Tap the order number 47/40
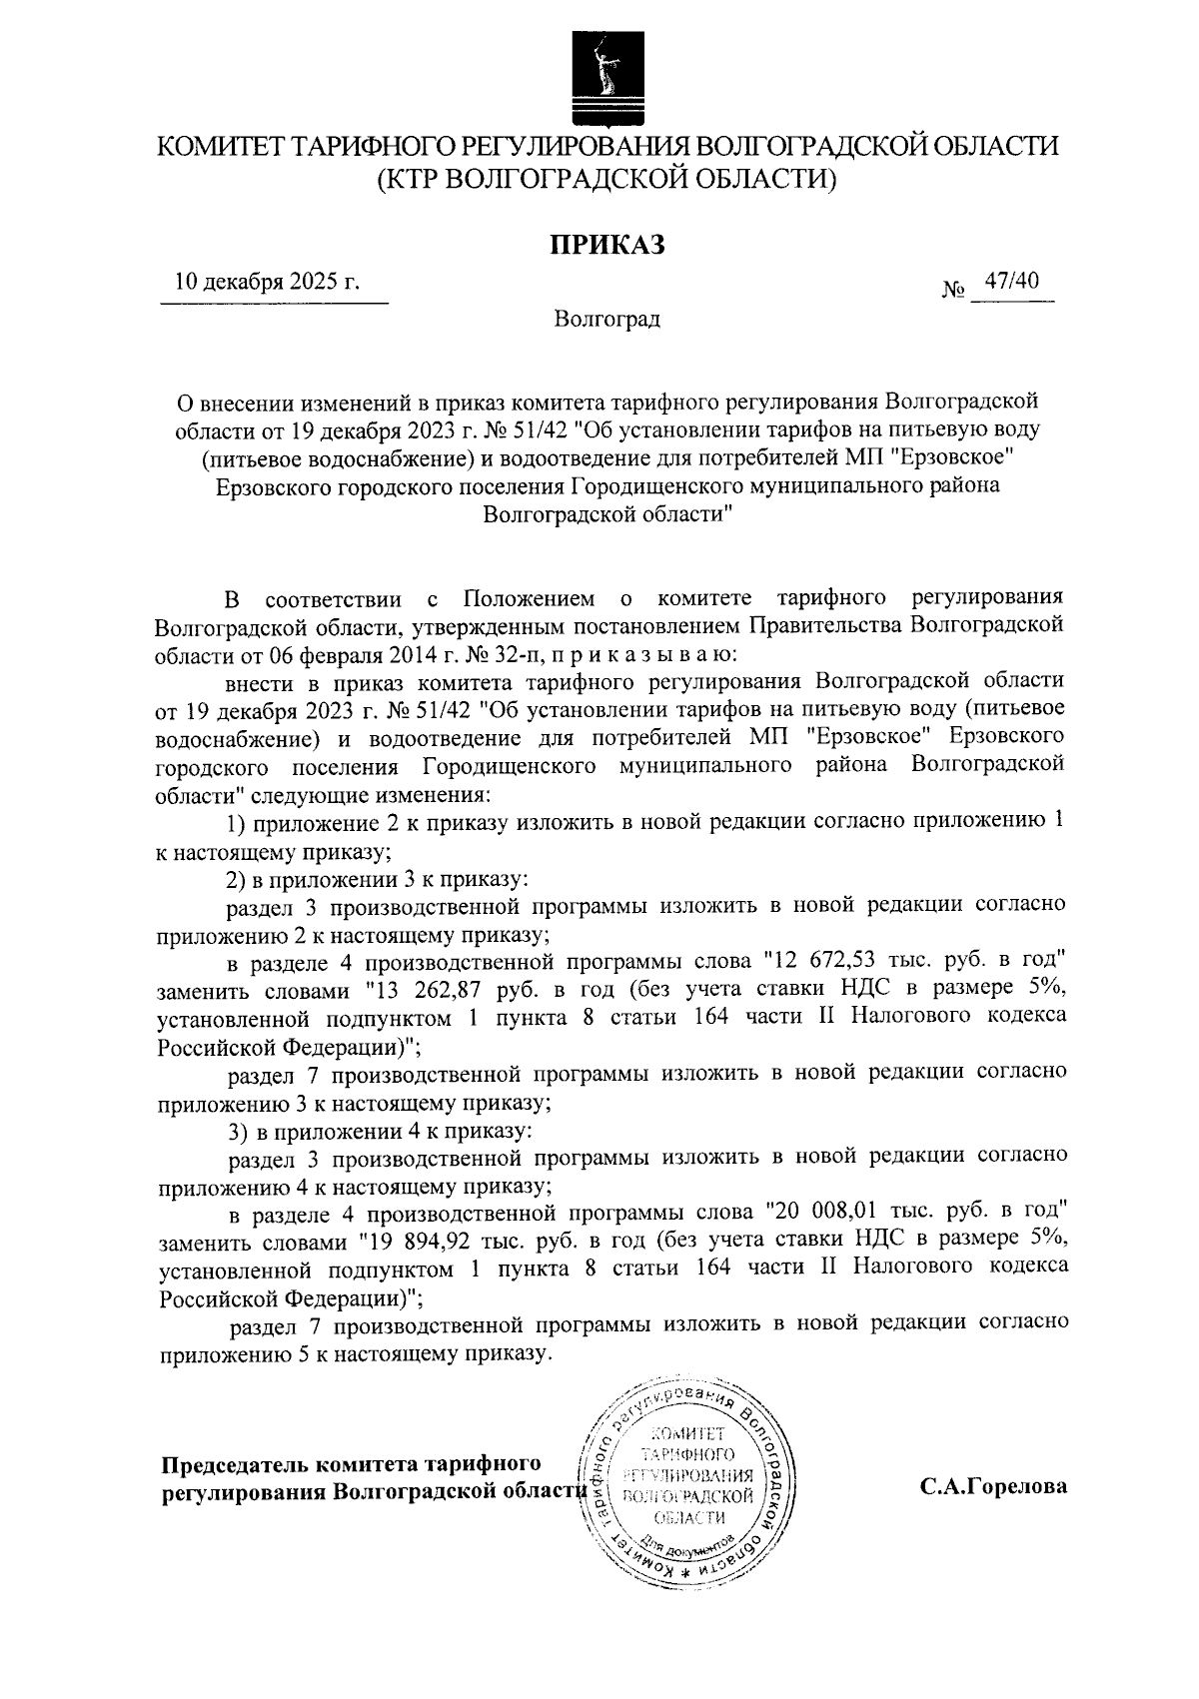click(1011, 283)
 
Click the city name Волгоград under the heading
click(607, 320)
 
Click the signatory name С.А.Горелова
click(993, 1486)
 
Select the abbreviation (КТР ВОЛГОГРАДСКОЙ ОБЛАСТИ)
click(606, 180)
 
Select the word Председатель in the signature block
click(233, 1464)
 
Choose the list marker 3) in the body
click(236, 1132)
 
